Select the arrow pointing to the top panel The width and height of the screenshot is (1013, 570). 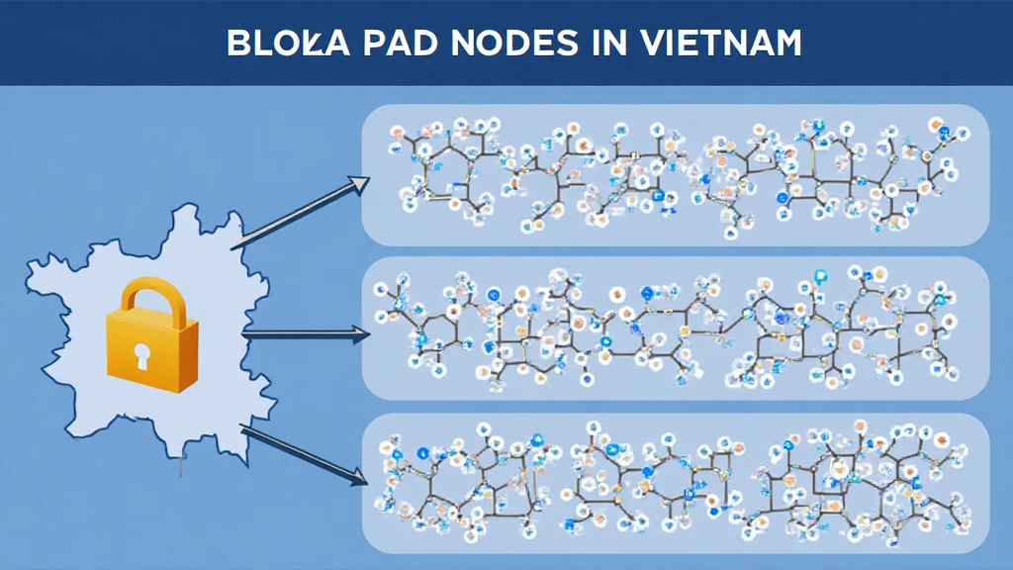(x=297, y=214)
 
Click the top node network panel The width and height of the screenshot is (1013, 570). (x=676, y=174)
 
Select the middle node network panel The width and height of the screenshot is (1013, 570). (x=676, y=328)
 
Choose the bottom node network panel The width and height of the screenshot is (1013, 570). (x=676, y=482)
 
